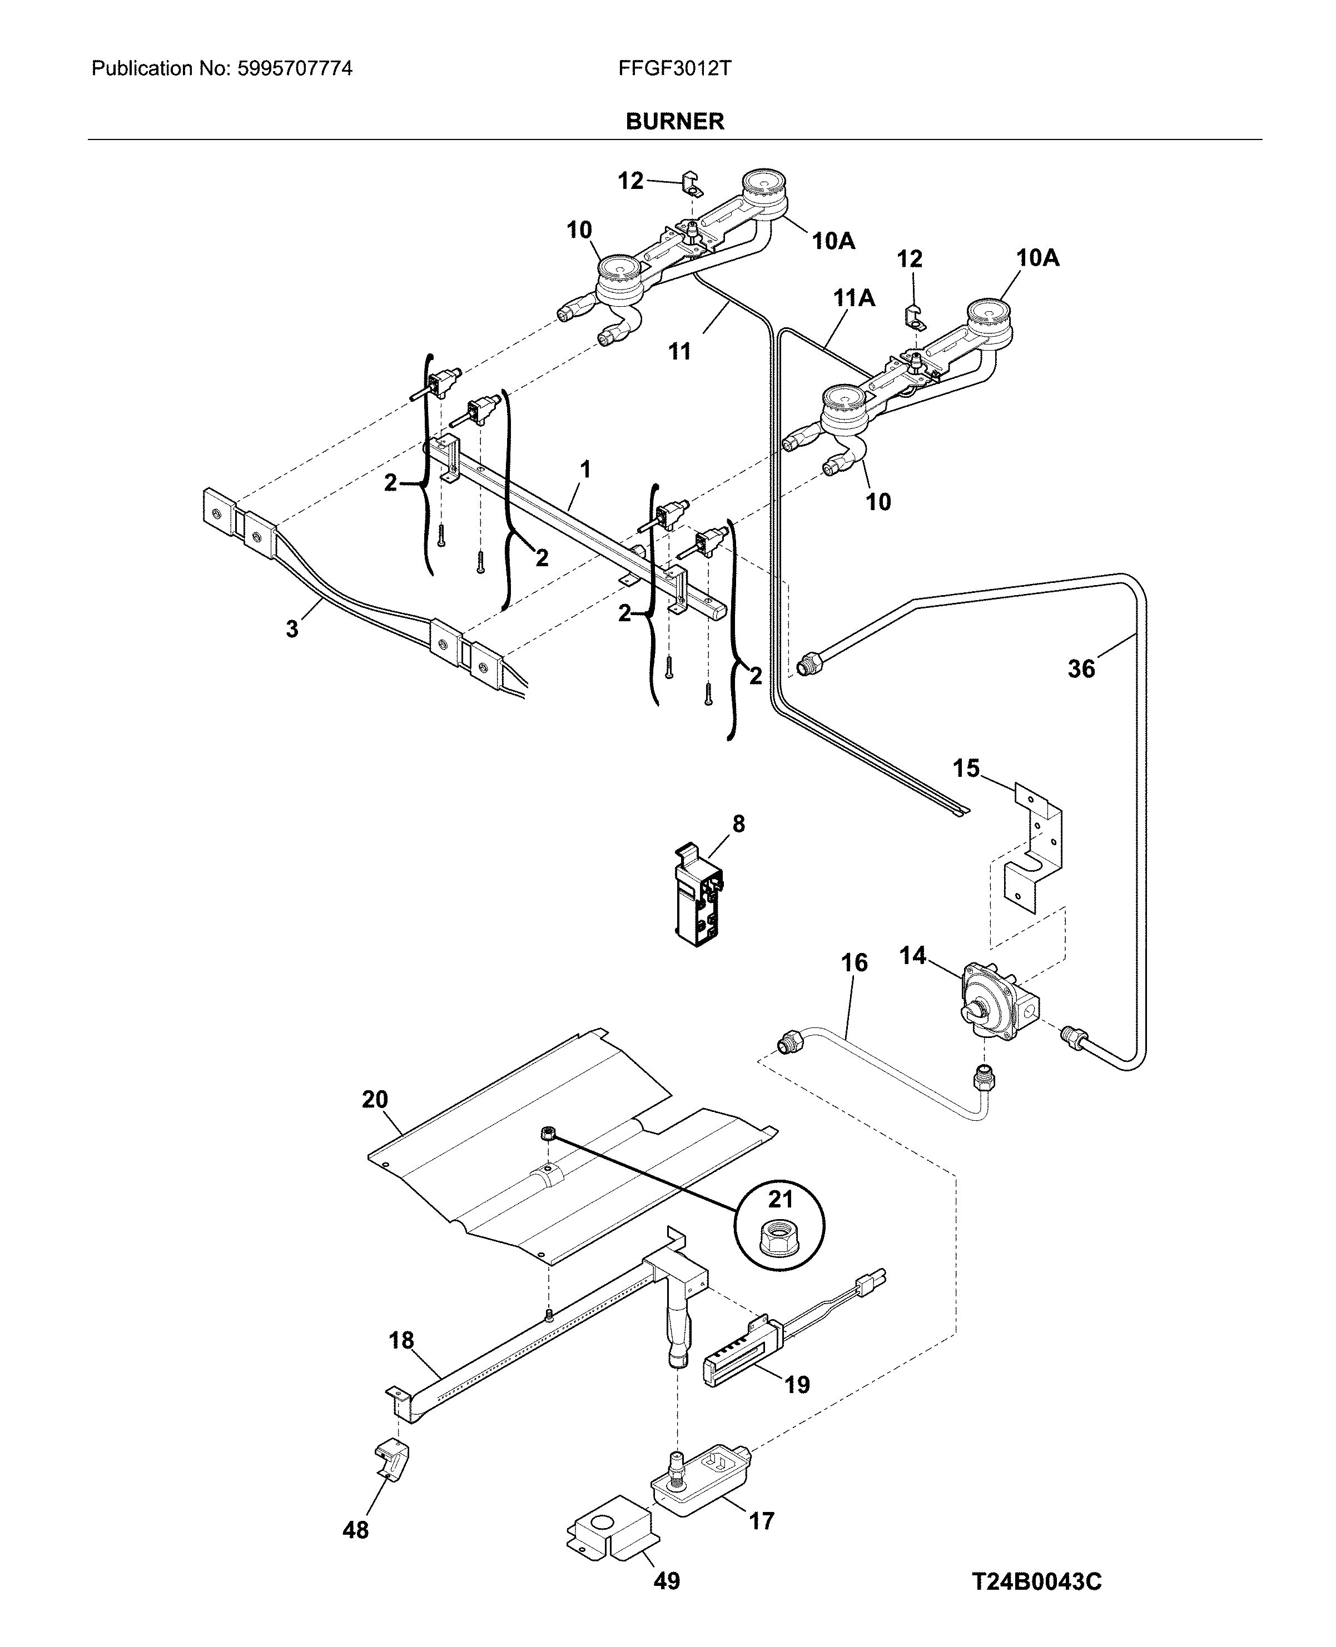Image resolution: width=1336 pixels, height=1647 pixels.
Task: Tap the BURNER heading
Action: [674, 122]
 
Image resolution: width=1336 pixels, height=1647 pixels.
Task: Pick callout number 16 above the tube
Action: [854, 962]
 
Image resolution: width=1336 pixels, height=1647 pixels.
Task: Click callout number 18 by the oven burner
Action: [401, 1340]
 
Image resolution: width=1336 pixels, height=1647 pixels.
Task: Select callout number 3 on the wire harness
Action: [292, 629]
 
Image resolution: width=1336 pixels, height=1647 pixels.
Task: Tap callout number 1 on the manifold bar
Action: [585, 468]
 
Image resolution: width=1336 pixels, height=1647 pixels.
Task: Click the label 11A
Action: [854, 298]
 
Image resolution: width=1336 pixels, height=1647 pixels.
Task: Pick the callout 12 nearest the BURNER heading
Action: [630, 181]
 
